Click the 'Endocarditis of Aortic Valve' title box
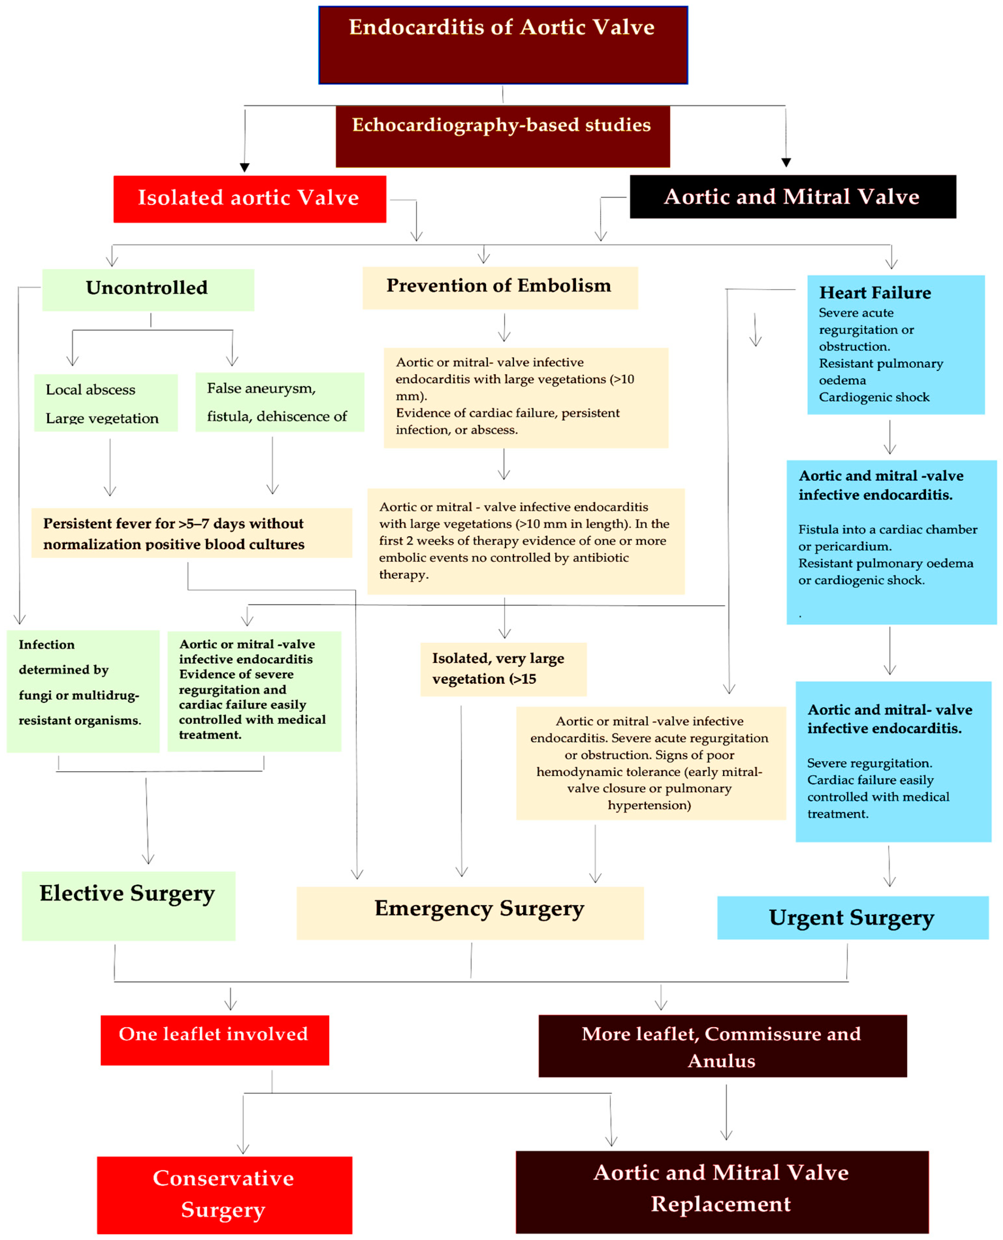503,45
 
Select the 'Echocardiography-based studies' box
503,137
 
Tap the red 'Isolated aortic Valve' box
249,199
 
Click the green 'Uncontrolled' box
148,289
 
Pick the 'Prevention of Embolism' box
500,287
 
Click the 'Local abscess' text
91,390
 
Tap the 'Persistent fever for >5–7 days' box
191,533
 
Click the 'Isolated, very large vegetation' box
503,668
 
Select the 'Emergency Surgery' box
470,912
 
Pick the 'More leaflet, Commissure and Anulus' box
722,1046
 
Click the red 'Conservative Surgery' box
224,1194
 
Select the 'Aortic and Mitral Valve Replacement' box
722,1190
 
